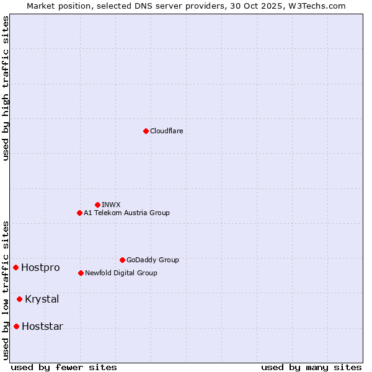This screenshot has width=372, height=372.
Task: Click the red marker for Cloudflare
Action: [146, 131]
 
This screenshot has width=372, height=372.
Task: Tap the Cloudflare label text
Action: [167, 131]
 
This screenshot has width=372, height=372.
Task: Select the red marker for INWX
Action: [97, 205]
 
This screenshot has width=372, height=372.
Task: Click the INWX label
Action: [111, 205]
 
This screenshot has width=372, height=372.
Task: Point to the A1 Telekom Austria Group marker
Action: [79, 213]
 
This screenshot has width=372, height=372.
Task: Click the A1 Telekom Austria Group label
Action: [126, 213]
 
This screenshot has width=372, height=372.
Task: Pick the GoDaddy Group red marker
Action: [122, 260]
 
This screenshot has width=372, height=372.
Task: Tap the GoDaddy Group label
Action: [153, 260]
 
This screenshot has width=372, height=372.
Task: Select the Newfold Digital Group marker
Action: [81, 273]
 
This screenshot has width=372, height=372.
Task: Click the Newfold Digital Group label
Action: [121, 273]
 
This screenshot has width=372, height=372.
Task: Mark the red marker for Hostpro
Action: [15, 267]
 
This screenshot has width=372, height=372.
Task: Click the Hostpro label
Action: [40, 268]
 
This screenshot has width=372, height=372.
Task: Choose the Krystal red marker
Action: [19, 299]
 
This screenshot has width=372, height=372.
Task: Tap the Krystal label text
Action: [42, 299]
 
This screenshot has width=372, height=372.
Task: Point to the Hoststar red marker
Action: [16, 326]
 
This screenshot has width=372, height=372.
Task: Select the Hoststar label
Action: [42, 327]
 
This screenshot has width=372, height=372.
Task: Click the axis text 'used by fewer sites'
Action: [64, 367]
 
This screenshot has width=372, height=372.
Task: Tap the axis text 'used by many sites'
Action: [311, 367]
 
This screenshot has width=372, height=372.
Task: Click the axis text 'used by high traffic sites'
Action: [6, 88]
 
